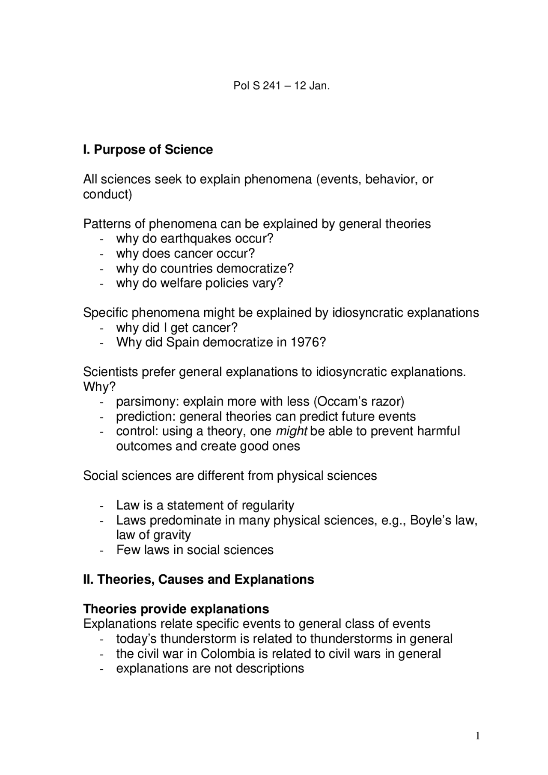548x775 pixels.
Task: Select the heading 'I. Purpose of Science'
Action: click(148, 150)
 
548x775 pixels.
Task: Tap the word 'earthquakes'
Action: click(197, 238)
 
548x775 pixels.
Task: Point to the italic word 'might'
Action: click(291, 431)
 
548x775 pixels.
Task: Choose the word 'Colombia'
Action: click(228, 654)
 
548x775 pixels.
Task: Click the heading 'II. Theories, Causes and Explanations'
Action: click(198, 579)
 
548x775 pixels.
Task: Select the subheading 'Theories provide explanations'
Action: click(176, 609)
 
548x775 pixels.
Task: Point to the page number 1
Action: click(478, 736)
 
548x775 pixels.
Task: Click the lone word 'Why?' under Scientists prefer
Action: click(99, 387)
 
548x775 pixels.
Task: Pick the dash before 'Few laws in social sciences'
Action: click(101, 550)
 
